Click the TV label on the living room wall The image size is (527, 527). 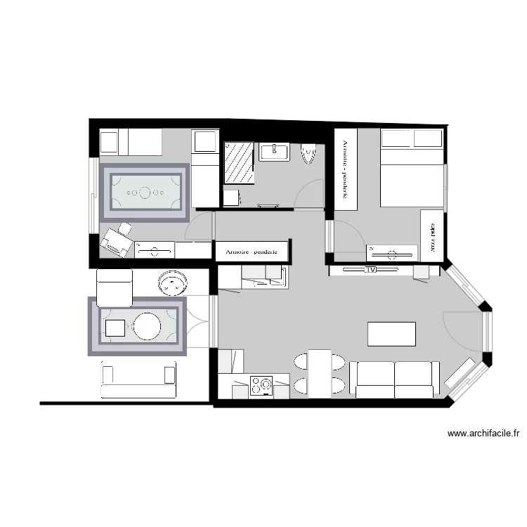[x=370, y=269]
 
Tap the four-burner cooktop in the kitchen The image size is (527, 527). [x=262, y=385]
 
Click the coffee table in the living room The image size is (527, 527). [x=391, y=334]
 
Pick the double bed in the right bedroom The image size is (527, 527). [x=412, y=169]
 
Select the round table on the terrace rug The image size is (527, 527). [x=148, y=327]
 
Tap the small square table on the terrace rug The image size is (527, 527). [x=115, y=327]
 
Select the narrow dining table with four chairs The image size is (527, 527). [x=320, y=373]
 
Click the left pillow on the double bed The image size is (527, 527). [x=396, y=138]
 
